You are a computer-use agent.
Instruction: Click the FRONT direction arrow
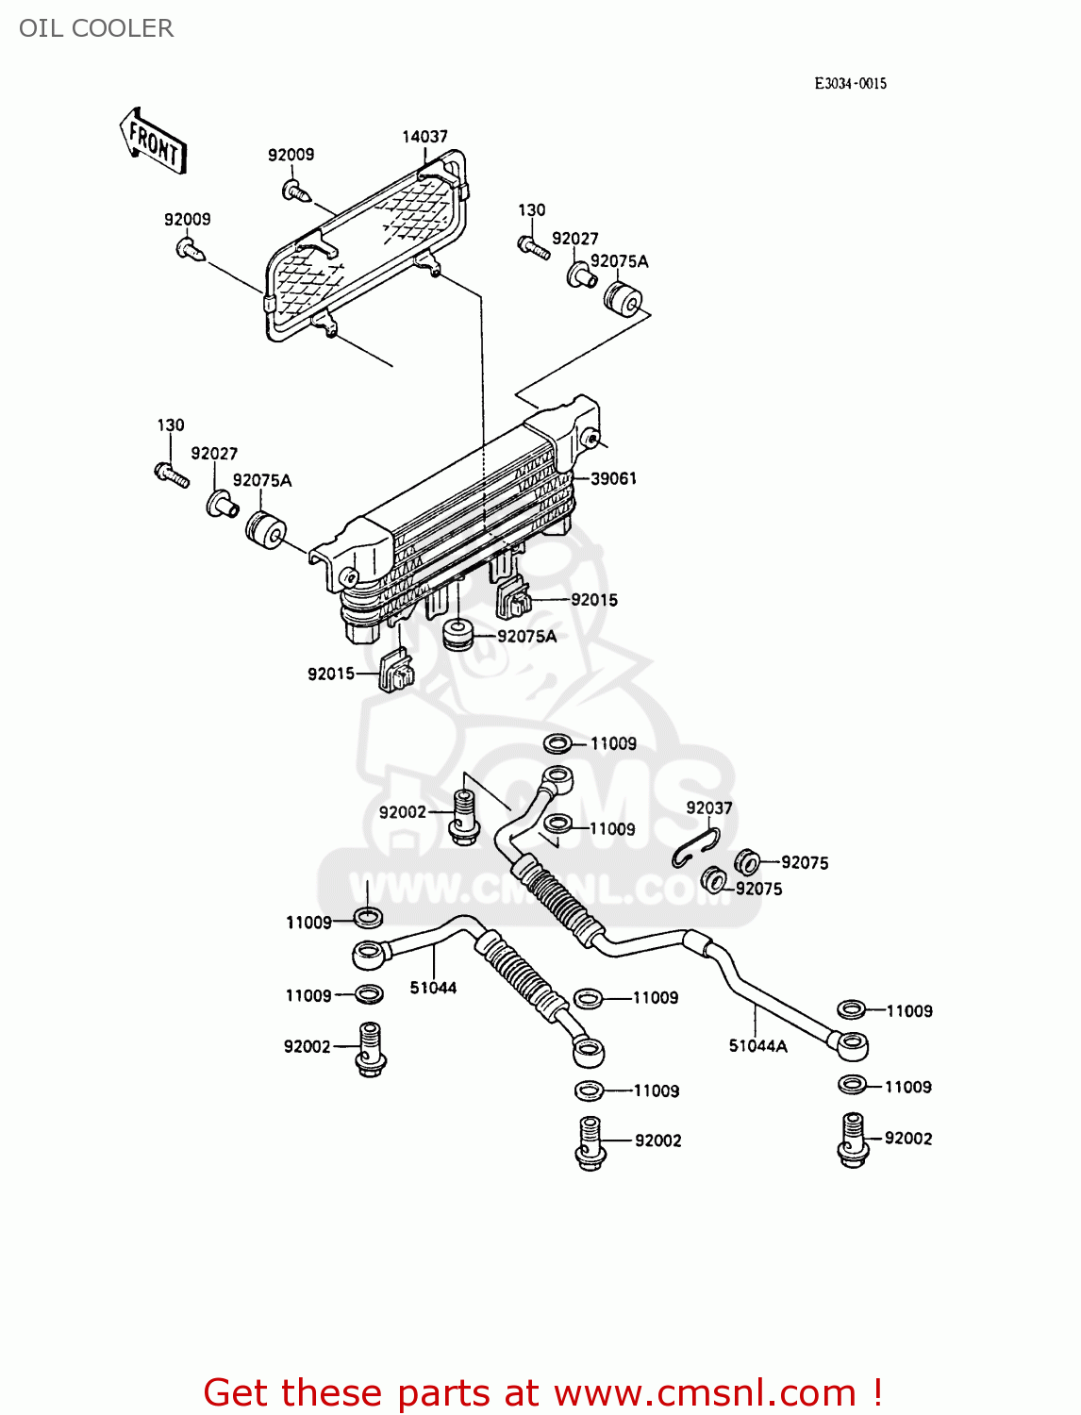tap(154, 141)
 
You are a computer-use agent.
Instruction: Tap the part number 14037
tap(424, 137)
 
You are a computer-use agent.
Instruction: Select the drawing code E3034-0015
tap(850, 83)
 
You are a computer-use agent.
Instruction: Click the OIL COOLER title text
tap(96, 28)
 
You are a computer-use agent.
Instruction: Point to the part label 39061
tap(613, 478)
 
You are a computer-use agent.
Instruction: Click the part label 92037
tap(708, 807)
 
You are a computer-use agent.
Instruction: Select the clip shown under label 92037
tap(696, 847)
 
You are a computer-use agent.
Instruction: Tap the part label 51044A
tap(757, 1045)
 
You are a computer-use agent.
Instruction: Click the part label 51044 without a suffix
tap(433, 988)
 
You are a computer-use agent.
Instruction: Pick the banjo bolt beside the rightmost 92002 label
tap(852, 1140)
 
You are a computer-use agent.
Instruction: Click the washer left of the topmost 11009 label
tap(557, 744)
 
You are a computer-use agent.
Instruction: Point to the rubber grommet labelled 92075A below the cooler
tap(459, 634)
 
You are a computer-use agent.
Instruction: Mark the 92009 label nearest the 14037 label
tap(291, 155)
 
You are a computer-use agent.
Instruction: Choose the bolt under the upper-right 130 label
tap(533, 247)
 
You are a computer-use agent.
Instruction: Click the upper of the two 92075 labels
tap(805, 862)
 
